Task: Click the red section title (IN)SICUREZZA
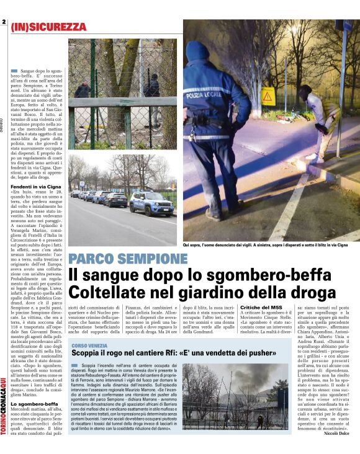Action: (x=48, y=27)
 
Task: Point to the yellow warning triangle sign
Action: (x=268, y=97)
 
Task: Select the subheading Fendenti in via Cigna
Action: (x=35, y=187)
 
